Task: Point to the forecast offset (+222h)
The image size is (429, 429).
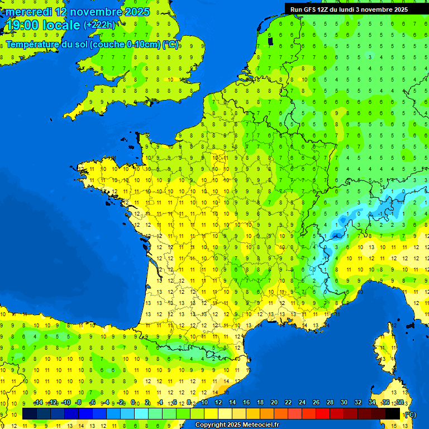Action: [x=99, y=25]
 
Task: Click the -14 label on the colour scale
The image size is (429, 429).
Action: [x=38, y=403]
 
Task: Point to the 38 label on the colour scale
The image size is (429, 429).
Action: [x=400, y=403]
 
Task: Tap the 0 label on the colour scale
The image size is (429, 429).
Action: [x=133, y=403]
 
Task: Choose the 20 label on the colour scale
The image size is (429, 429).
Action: [x=274, y=403]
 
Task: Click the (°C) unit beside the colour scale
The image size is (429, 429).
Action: [x=411, y=414]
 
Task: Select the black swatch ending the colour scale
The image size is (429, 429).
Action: [x=393, y=414]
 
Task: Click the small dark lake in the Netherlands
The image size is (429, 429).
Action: [x=270, y=40]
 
